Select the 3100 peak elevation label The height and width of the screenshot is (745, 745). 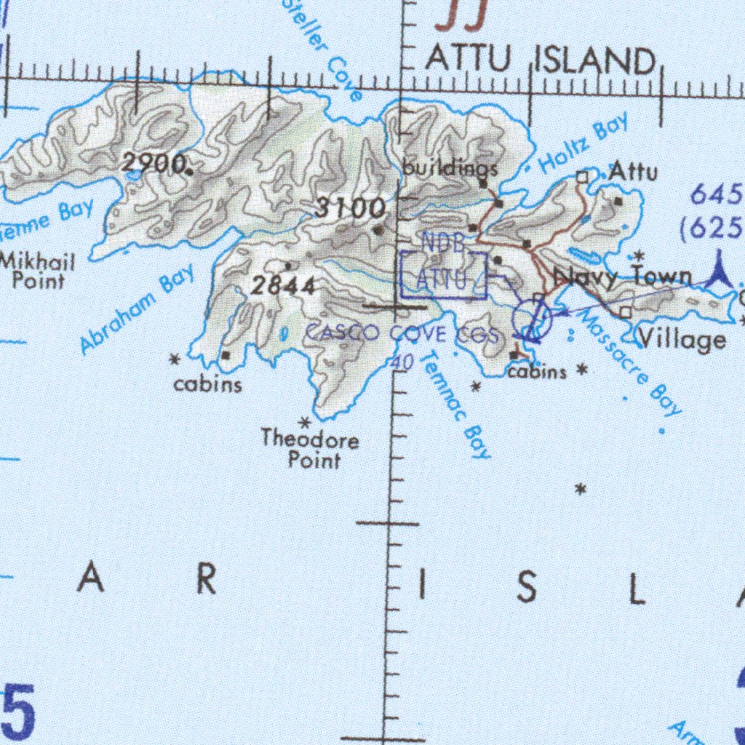point(350,209)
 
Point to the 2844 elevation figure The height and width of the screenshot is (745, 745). point(283,286)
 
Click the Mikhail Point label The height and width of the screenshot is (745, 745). point(38,270)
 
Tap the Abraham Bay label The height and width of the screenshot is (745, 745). point(138,308)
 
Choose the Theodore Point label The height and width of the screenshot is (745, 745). point(311,450)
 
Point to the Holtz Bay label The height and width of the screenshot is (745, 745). point(584,146)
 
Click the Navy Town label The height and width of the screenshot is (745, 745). point(622,276)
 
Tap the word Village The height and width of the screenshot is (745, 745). point(682,339)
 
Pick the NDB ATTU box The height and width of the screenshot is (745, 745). point(443,274)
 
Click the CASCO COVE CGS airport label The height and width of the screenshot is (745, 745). point(401,334)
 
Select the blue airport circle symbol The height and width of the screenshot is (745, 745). point(532,320)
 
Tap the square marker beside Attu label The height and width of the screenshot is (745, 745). point(582,176)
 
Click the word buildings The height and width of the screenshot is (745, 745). point(450,169)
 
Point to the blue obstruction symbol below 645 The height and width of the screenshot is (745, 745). point(720,270)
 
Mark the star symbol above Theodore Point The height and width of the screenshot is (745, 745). point(306,422)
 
